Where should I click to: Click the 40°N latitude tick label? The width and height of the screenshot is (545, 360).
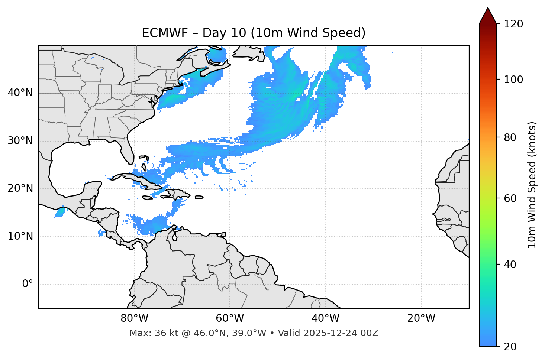(x=20, y=93)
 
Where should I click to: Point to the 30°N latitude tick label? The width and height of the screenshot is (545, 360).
(x=20, y=141)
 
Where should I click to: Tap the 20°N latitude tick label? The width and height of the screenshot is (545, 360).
(x=20, y=188)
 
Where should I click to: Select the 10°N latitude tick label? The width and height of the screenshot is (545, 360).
(x=20, y=236)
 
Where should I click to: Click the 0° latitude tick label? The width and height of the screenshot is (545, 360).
(x=28, y=284)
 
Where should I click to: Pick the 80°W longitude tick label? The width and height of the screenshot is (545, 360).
(x=134, y=318)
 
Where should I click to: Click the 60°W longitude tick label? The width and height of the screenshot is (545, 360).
(x=230, y=318)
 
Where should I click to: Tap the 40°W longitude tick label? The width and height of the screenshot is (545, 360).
(x=325, y=318)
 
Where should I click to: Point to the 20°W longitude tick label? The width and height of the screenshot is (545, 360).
(x=421, y=318)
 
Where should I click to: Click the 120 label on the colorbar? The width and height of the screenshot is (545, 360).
(x=513, y=24)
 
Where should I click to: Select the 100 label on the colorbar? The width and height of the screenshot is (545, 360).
(x=513, y=80)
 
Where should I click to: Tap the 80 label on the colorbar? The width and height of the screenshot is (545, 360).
(x=510, y=137)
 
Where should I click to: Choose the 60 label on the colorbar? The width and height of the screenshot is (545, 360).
(x=510, y=198)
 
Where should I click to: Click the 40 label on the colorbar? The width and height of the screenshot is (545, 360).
(x=510, y=265)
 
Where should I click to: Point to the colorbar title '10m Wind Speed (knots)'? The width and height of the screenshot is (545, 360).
(x=532, y=185)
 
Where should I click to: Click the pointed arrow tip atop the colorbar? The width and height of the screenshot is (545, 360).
(x=488, y=8)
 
